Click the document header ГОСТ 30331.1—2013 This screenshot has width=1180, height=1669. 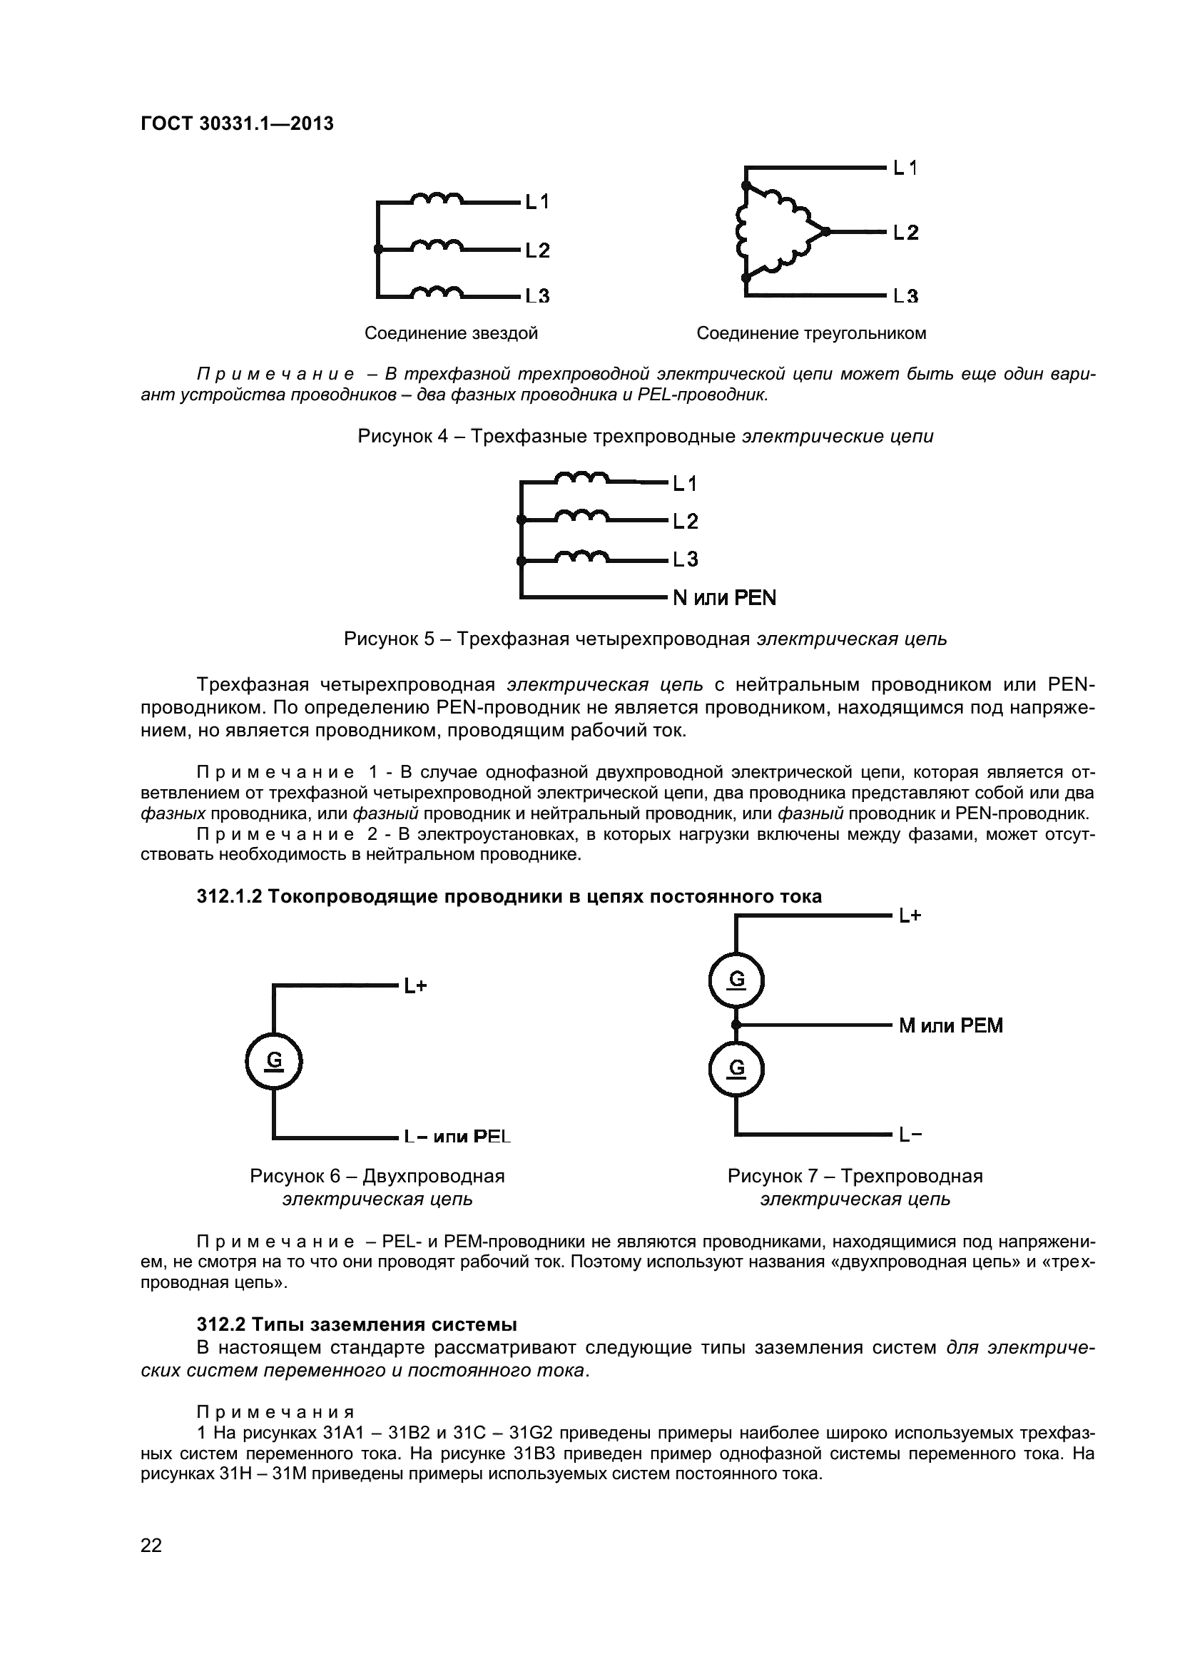click(x=237, y=123)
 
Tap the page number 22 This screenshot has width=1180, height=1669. click(x=151, y=1565)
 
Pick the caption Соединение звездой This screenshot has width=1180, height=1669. click(x=450, y=333)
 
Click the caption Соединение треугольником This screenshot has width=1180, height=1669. click(x=811, y=333)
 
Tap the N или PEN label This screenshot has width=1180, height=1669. click(x=724, y=597)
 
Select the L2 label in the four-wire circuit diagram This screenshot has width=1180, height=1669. click(x=684, y=520)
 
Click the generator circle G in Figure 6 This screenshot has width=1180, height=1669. click(x=274, y=1061)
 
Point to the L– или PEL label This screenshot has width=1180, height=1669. click(x=457, y=1136)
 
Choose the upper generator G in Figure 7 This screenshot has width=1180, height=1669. click(x=736, y=980)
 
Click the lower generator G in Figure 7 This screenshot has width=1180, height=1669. click(x=736, y=1068)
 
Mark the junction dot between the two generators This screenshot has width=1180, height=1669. click(x=736, y=1024)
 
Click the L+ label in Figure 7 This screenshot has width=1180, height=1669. click(x=910, y=916)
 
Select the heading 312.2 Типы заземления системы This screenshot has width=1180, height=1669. click(x=357, y=1324)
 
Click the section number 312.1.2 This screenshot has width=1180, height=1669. click(x=228, y=896)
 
